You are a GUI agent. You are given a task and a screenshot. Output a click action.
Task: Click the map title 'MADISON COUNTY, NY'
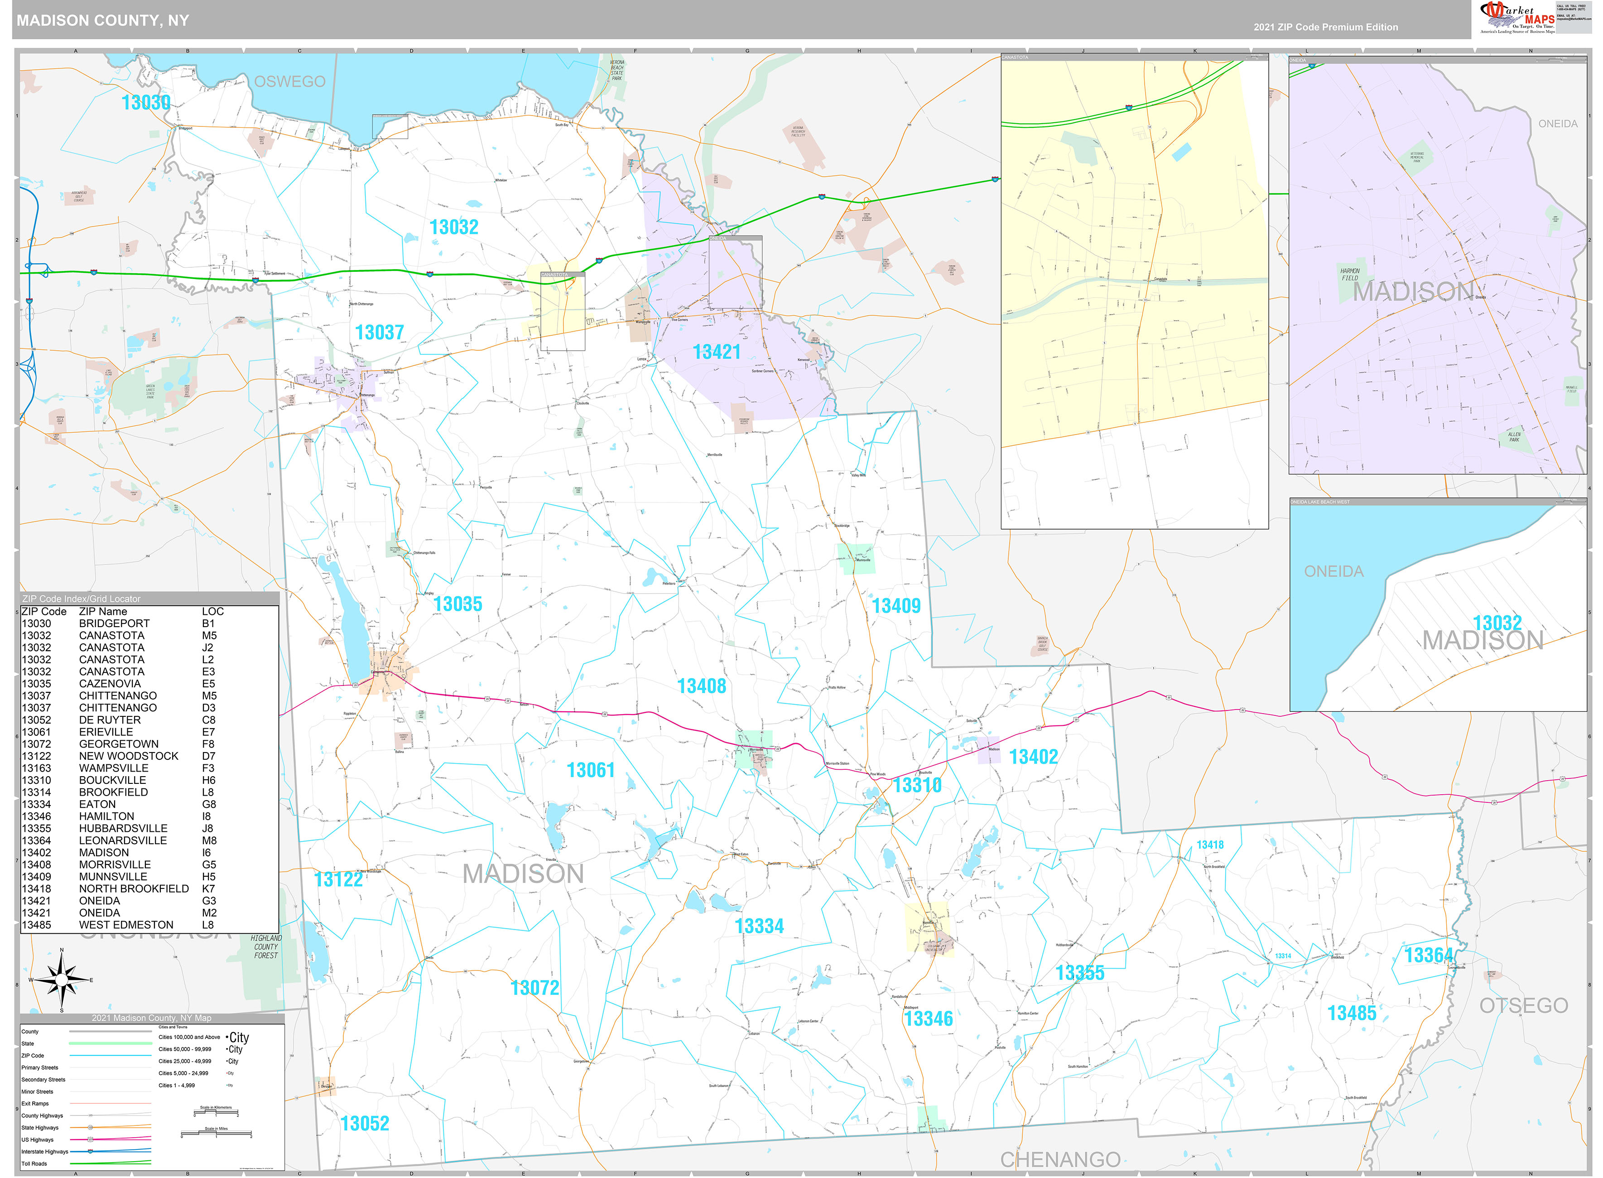click(x=103, y=20)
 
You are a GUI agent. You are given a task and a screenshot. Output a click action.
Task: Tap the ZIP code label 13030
click(x=146, y=103)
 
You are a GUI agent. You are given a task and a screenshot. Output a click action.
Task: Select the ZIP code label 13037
click(x=379, y=332)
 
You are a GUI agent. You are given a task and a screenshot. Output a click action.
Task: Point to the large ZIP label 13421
click(x=716, y=352)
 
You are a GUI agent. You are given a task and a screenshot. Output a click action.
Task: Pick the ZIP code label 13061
click(x=590, y=770)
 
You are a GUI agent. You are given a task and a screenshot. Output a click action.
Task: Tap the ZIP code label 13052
click(x=364, y=1123)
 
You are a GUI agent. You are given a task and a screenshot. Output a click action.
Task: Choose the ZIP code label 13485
click(x=1352, y=1013)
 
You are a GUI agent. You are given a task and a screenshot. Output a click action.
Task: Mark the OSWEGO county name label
click(x=289, y=81)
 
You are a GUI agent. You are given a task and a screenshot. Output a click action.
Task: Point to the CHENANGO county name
click(x=1060, y=1159)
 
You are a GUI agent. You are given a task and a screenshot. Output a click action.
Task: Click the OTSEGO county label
click(x=1523, y=1005)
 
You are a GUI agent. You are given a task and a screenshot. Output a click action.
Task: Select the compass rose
click(x=62, y=980)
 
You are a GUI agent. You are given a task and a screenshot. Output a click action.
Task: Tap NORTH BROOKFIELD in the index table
click(x=134, y=888)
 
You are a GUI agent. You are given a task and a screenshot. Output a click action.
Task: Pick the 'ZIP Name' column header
click(x=103, y=611)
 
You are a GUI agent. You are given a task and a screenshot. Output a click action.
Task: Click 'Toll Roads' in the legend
click(x=34, y=1163)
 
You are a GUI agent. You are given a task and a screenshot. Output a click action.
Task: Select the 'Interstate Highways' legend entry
click(x=45, y=1151)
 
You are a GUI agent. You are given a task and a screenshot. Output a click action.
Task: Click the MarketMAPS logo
click(x=1516, y=18)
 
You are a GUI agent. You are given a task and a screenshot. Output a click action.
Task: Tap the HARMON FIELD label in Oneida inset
click(x=1349, y=275)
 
